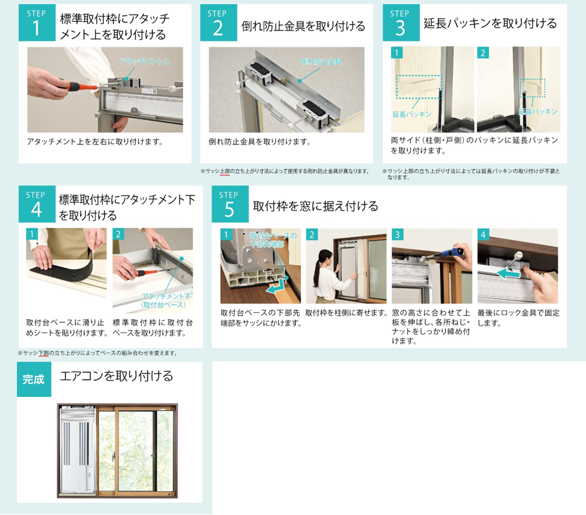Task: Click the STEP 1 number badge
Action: point(37,23)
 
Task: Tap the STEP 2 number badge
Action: point(218,23)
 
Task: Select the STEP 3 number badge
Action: point(400,23)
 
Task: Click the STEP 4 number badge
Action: point(37,204)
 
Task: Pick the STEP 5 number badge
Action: point(229,204)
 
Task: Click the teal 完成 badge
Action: point(34,379)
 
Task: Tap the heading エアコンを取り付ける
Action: point(116,376)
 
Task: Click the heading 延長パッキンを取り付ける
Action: point(490,23)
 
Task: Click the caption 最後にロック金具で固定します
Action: point(518,318)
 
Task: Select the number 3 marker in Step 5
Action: point(397,234)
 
